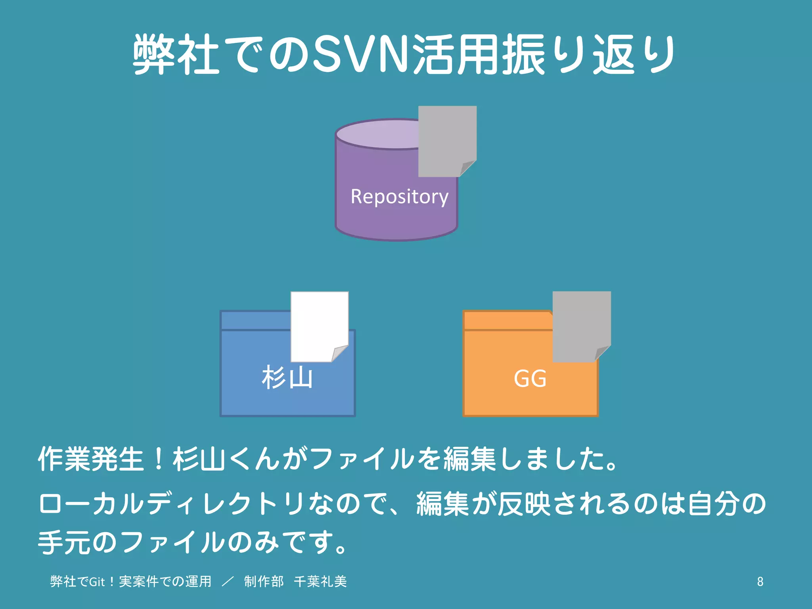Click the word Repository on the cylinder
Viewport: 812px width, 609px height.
point(399,197)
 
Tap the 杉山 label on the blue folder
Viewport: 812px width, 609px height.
point(287,377)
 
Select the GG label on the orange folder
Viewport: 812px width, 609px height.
point(530,378)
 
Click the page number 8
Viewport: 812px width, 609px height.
point(760,582)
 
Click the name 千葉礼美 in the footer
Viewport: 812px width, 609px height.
point(320,582)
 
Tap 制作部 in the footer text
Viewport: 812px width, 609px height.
point(264,582)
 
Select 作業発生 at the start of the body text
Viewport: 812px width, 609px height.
point(90,459)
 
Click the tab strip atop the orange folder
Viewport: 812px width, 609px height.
point(507,320)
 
